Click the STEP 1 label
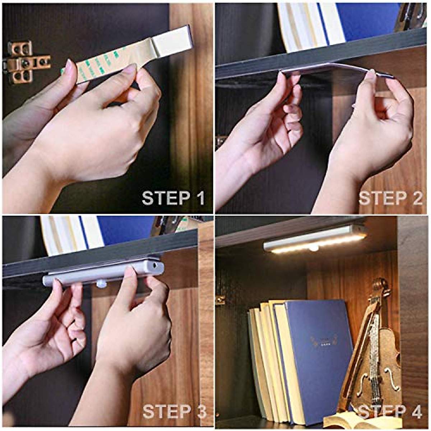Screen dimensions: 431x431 click(173, 198)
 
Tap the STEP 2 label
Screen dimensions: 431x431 click(390, 198)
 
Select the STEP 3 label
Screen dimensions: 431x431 click(174, 412)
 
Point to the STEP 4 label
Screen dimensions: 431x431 click(390, 412)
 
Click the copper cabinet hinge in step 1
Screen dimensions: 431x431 click(25, 62)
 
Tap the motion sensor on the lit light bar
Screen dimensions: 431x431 click(314, 248)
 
